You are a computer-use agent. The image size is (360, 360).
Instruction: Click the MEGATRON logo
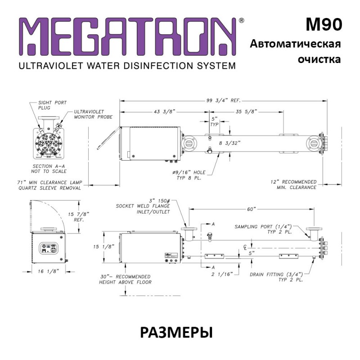127,36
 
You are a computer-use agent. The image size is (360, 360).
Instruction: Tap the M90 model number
324,24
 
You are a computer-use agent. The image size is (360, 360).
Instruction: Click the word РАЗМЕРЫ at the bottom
176,333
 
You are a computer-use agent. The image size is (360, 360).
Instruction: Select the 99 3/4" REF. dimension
223,100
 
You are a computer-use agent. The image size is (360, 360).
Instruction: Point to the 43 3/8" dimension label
164,112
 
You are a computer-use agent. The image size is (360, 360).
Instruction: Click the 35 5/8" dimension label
246,112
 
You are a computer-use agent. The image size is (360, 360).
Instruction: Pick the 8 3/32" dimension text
229,143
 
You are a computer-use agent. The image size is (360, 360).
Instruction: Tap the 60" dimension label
252,209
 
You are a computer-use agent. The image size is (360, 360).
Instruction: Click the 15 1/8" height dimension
103,247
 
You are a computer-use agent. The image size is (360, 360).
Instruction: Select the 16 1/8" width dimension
49,271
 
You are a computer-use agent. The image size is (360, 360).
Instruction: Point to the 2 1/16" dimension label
222,274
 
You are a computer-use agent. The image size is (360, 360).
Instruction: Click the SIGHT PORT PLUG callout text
52,105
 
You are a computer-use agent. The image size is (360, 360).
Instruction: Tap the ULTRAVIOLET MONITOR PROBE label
93,114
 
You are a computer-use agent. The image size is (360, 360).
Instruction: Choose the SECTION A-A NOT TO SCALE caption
49,169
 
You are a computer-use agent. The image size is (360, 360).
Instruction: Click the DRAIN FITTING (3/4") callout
276,277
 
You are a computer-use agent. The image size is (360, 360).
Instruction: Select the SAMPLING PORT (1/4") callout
263,229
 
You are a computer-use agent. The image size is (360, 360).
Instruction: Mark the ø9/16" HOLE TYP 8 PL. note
189,175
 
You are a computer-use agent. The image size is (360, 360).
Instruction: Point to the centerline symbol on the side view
245,247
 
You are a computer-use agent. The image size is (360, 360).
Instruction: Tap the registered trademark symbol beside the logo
242,20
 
